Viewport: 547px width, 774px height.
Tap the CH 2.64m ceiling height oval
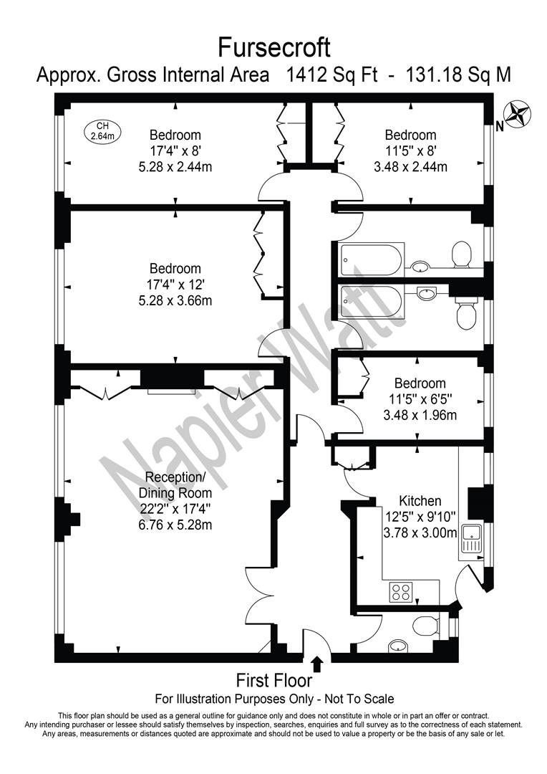tap(102, 131)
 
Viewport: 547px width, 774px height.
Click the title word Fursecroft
tap(273, 48)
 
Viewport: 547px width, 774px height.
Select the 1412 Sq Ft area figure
tap(331, 75)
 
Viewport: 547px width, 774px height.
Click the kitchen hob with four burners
tap(400, 592)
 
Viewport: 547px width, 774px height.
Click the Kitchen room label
tap(420, 501)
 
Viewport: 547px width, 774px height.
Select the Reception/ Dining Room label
tap(175, 485)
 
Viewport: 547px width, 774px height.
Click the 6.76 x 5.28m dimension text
tap(175, 524)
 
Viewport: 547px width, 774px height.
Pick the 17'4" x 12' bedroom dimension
tap(175, 285)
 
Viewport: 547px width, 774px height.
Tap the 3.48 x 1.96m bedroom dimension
tap(420, 415)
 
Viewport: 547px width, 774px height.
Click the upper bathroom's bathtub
tap(371, 259)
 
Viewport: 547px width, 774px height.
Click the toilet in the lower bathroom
tap(465, 313)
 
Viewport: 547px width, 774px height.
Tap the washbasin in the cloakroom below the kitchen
tap(398, 645)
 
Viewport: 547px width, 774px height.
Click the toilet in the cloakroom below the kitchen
tap(425, 626)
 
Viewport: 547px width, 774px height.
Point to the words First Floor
tap(273, 681)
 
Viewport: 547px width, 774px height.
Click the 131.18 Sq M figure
tap(458, 75)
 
